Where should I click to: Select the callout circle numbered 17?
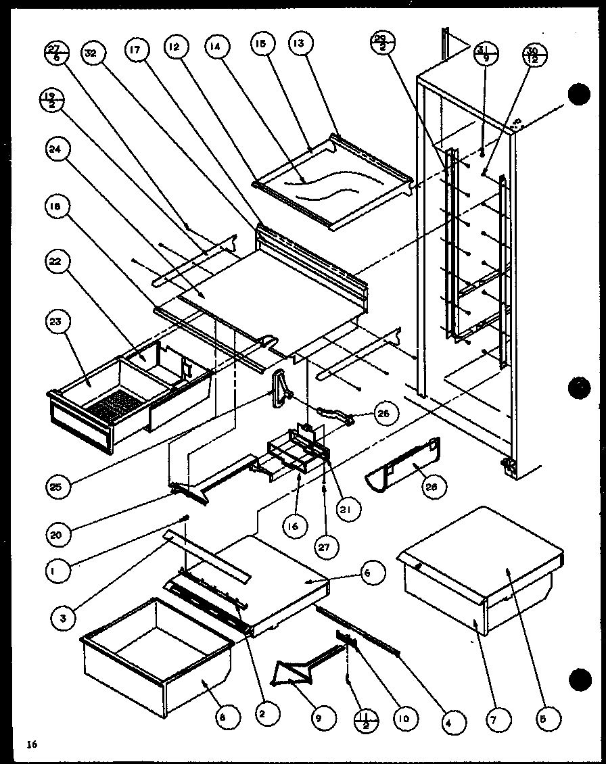(x=135, y=51)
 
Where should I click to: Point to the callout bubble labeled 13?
(x=298, y=45)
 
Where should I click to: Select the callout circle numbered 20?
(x=58, y=534)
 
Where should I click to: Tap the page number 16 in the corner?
(x=31, y=744)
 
